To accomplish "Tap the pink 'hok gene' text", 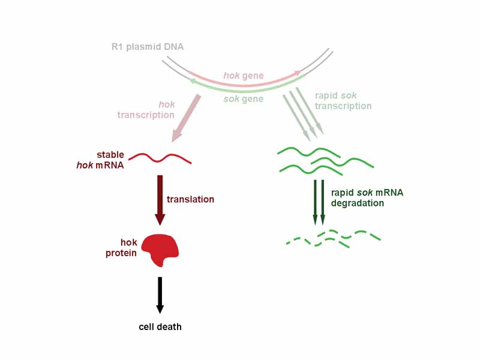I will point(244,76).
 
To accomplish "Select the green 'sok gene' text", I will point(244,98).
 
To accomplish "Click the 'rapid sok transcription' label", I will point(343,101).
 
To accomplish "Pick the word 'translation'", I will point(190,199).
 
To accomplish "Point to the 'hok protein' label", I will point(121,248).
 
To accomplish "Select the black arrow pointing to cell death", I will point(160,294).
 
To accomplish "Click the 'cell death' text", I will point(160,327).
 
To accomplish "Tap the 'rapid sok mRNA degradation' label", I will point(367,197).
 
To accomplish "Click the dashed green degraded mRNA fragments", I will point(334,238).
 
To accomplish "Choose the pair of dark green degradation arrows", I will point(319,202).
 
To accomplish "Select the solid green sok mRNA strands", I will point(324,160).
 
